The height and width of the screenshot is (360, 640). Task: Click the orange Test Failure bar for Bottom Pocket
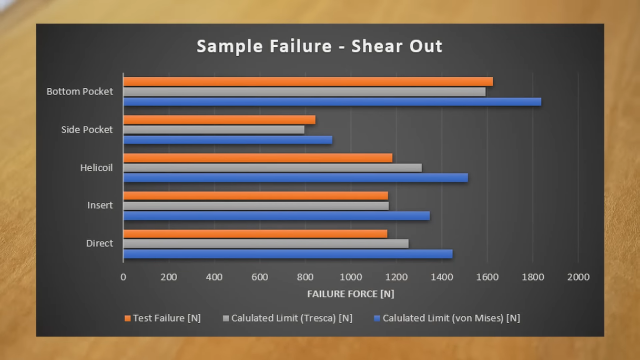coord(308,81)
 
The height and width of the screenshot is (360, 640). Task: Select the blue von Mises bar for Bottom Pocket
coord(332,102)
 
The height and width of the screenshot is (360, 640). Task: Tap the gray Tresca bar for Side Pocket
coord(214,130)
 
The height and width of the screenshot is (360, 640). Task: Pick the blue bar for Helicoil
coord(296,178)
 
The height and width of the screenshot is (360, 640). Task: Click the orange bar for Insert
coord(256,196)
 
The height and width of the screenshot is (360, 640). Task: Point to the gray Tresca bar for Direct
coord(266,244)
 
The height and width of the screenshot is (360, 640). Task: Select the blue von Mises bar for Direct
coord(288,254)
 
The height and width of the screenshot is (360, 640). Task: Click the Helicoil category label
coord(97,168)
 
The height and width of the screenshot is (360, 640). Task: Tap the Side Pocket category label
coord(87,130)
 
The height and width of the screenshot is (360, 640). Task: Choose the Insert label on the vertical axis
coord(100,205)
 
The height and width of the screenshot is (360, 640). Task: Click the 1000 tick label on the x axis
coord(351,277)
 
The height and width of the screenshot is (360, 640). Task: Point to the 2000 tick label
coord(578,277)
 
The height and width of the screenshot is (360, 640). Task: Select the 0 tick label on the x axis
coord(123,277)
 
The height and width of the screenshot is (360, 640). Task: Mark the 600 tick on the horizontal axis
coord(260,277)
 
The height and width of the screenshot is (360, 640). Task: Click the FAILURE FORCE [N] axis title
coord(351,294)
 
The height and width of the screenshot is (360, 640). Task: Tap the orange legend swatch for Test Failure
coord(127,318)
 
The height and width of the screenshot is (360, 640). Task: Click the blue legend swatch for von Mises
coord(377,318)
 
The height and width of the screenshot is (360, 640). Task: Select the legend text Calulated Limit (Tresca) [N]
coord(292,318)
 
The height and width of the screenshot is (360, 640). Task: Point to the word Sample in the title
coord(230,47)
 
